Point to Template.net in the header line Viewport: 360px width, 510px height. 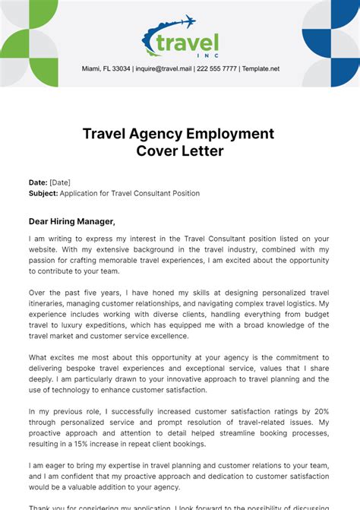tap(261, 68)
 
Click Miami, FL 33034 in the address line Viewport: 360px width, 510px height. tap(106, 68)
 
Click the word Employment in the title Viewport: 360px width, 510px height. tap(229, 134)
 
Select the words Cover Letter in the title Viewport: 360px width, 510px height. tap(180, 150)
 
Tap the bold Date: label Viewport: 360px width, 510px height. tap(38, 182)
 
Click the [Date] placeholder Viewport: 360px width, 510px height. tap(61, 182)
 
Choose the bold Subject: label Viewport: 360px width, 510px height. tap(43, 193)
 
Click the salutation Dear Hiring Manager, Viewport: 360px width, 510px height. tap(72, 221)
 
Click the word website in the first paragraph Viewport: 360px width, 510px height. tap(45, 249)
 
